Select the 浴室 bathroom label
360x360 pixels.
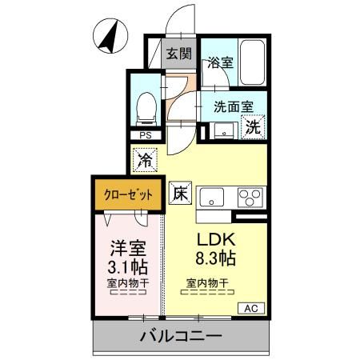220,62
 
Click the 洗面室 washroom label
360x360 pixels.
234,104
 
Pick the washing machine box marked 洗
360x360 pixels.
254,126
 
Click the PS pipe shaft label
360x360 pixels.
146,136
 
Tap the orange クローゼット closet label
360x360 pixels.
127,194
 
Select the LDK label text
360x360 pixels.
214,240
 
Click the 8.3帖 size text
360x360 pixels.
214,260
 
